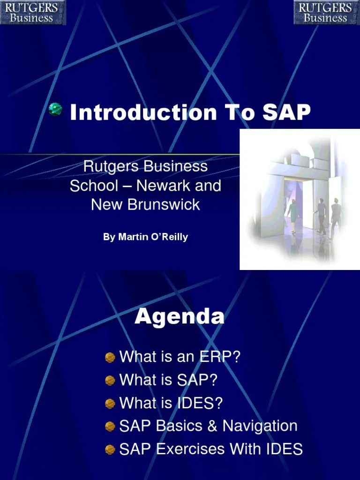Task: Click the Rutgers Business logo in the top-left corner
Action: click(x=32, y=13)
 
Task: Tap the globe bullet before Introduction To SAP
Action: click(x=55, y=110)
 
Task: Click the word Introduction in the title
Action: click(x=143, y=112)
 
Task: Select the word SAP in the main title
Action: click(x=286, y=112)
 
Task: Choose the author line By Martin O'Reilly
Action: click(x=145, y=237)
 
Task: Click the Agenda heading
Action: click(x=180, y=317)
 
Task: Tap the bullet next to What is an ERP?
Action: click(x=110, y=358)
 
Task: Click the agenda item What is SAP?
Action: click(x=168, y=380)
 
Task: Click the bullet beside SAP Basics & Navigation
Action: click(x=110, y=427)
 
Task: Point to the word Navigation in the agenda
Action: click(x=260, y=426)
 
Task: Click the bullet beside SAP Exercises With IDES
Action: click(x=110, y=450)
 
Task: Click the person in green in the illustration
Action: click(x=292, y=213)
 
